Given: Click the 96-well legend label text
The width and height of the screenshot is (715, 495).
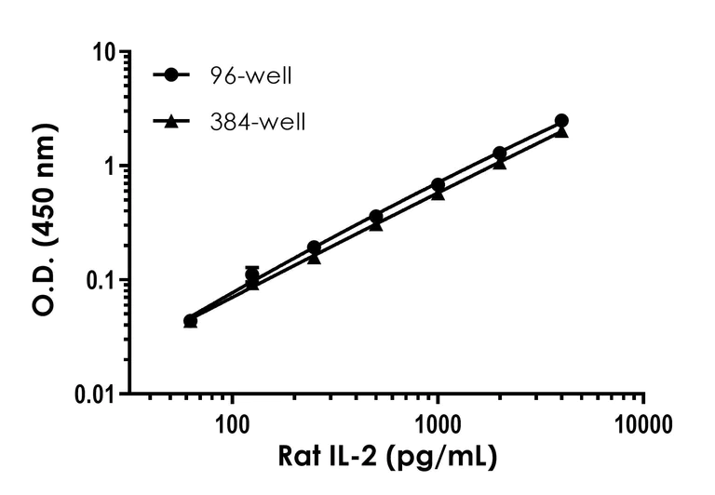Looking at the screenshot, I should [250, 76].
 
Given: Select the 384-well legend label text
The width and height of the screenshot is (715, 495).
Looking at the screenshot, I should [257, 121].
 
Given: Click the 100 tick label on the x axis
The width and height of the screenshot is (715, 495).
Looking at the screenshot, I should [232, 426].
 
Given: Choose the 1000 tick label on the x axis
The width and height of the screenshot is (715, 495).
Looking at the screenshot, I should [438, 426].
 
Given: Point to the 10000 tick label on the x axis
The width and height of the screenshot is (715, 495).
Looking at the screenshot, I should [643, 426].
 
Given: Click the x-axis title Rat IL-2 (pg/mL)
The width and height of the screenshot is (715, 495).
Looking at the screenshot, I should [386, 458].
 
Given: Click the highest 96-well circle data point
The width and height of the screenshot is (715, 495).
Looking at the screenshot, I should [561, 121].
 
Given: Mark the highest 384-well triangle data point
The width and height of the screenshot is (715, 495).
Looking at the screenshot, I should [561, 132].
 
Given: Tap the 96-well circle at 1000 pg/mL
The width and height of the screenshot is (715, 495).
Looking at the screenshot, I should [438, 185].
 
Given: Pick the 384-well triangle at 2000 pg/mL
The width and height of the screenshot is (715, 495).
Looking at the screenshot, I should [500, 163].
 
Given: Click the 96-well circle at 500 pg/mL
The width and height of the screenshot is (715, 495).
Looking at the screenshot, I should [376, 217].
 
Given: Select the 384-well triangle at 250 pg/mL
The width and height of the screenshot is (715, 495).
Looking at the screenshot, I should [314, 258].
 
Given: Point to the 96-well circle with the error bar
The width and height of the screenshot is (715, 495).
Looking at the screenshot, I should [252, 274].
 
